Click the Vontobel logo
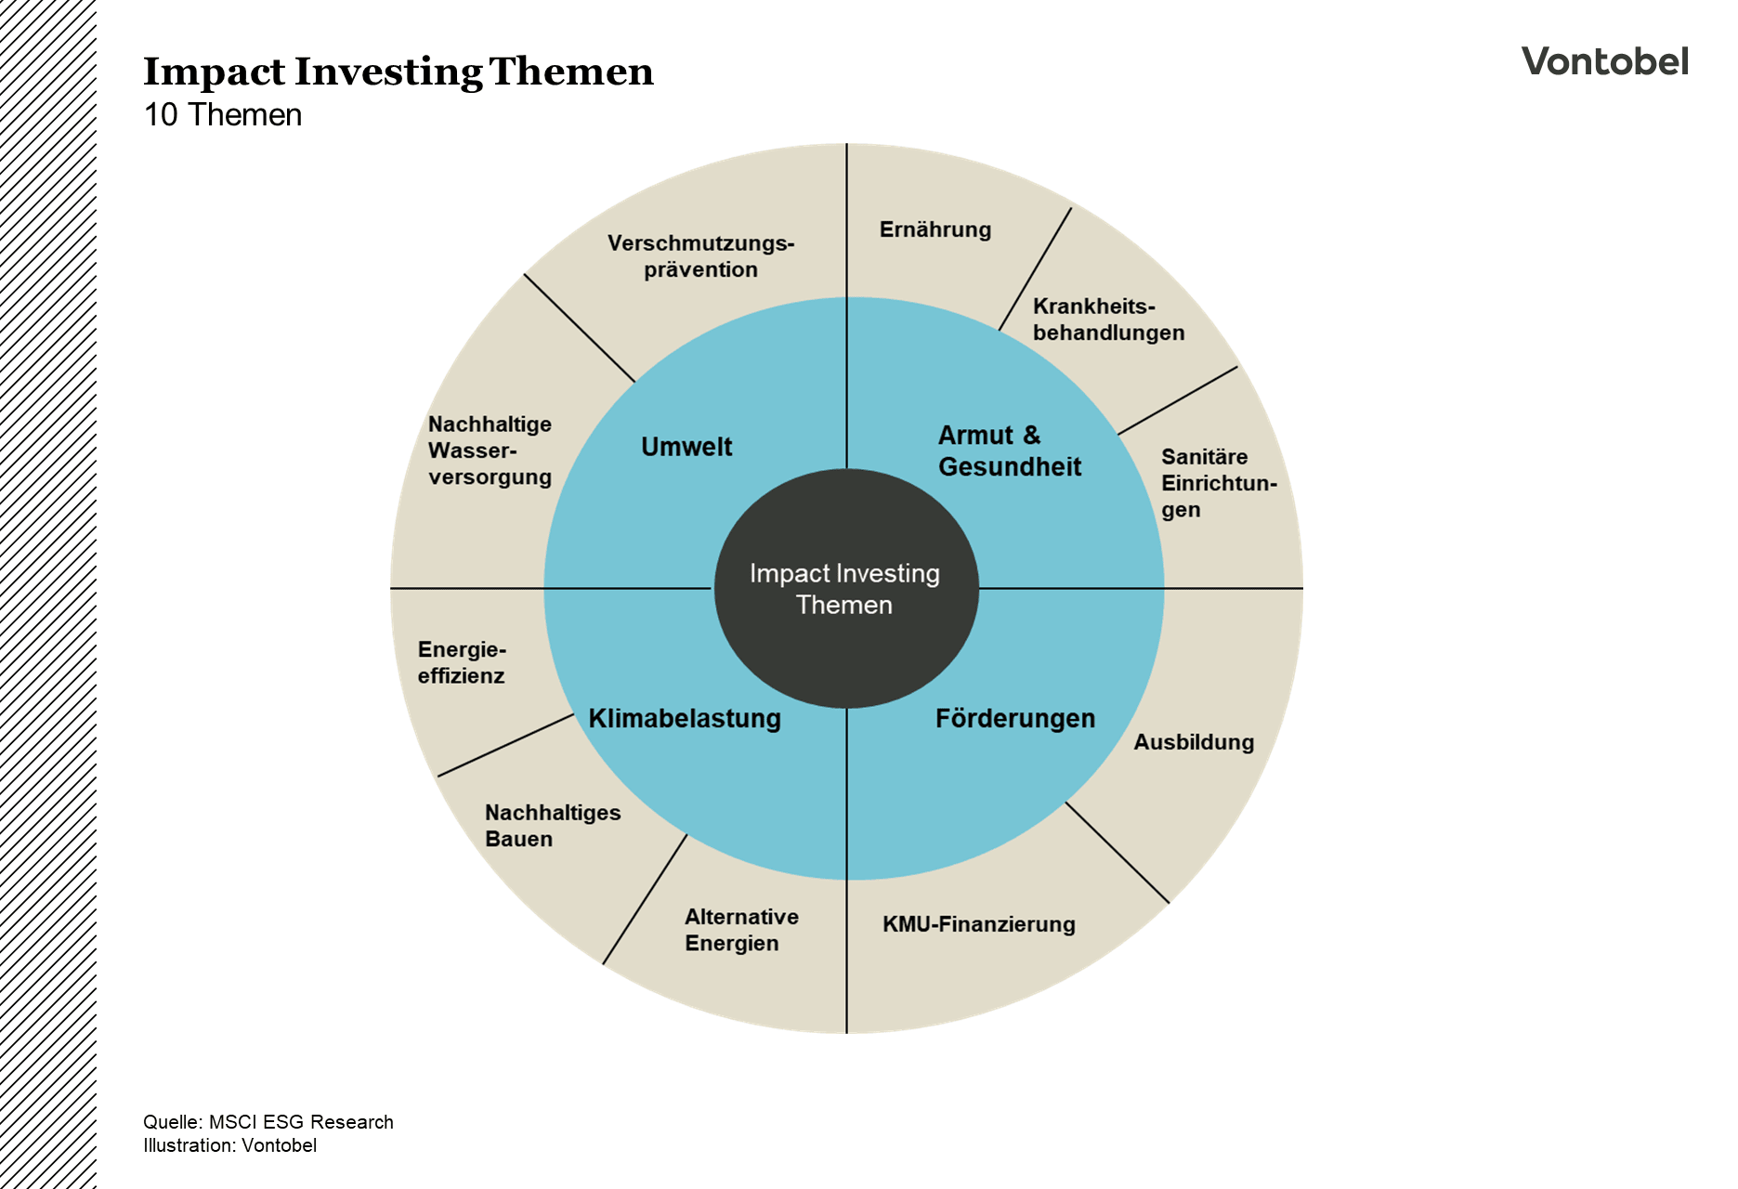[1604, 61]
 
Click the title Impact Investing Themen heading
[399, 72]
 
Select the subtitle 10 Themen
[223, 115]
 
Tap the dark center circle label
[844, 589]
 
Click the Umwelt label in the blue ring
[686, 447]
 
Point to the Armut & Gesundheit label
[1009, 451]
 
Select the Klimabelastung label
[685, 718]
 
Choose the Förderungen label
[1014, 718]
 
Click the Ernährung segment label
[935, 229]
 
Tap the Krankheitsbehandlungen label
[1108, 320]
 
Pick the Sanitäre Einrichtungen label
[1218, 483]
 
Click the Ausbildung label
[1194, 742]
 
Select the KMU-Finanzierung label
[979, 924]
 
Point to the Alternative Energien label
[741, 930]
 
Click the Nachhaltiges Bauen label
[553, 826]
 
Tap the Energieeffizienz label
[462, 662]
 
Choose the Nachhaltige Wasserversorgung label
[490, 451]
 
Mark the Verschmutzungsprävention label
[700, 256]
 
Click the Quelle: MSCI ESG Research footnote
[268, 1122]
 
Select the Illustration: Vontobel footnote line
[229, 1145]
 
